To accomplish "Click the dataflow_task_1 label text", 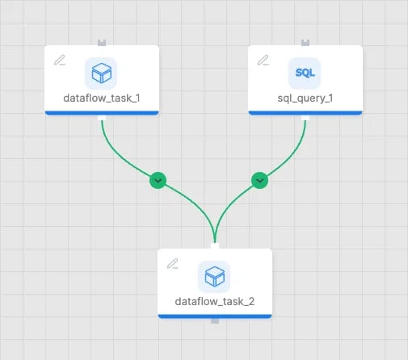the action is [x=102, y=98].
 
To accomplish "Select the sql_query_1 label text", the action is [x=305, y=98].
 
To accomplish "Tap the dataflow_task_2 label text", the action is [x=215, y=302].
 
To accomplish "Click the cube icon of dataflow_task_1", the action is [x=101, y=73].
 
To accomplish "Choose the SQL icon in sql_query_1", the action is [x=305, y=73].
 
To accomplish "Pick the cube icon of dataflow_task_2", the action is [x=214, y=276].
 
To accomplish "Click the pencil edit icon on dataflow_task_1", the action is [x=60, y=60].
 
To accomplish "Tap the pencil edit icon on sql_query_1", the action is [x=263, y=60].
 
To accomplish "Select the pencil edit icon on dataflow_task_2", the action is [x=173, y=263].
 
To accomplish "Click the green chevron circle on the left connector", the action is [x=158, y=180].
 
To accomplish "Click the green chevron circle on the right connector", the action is [x=259, y=180].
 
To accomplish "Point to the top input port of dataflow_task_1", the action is [x=102, y=43].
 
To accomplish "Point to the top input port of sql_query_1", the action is [x=305, y=43].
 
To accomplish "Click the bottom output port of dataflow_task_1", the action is [x=102, y=118].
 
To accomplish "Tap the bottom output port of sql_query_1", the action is [x=305, y=118].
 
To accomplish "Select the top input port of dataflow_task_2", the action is [x=215, y=246].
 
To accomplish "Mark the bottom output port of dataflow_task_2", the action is [x=215, y=321].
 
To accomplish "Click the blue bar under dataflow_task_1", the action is [x=102, y=113].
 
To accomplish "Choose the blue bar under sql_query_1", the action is [x=305, y=113].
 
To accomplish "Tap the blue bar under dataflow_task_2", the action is [x=215, y=316].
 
